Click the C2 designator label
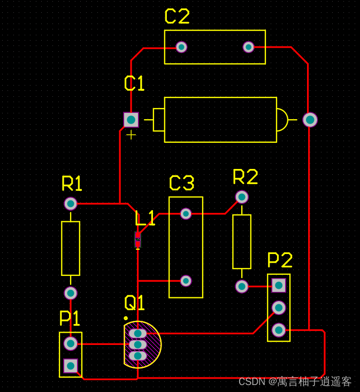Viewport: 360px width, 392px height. (x=177, y=17)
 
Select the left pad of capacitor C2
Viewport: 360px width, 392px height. (x=181, y=47)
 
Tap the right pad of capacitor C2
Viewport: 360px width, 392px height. (x=249, y=47)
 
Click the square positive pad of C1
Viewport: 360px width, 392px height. (x=131, y=120)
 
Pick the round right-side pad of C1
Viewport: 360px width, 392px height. (x=310, y=120)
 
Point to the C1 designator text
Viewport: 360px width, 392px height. (x=134, y=83)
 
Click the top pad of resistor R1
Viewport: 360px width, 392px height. (x=71, y=204)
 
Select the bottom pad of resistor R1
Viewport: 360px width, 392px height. (x=71, y=293)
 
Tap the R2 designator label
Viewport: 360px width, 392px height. (x=246, y=176)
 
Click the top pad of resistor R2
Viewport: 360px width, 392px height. (x=242, y=197)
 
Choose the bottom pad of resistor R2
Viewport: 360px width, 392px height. (x=242, y=286)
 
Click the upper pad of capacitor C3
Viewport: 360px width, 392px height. (x=186, y=214)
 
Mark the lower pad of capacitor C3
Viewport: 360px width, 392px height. (x=186, y=281)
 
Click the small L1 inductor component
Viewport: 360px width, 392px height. (x=137, y=240)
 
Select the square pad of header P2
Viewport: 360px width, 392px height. (x=279, y=286)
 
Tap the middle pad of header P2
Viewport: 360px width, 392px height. (x=279, y=308)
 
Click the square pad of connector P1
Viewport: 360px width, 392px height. (x=71, y=366)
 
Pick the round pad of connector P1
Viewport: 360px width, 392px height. (x=71, y=343)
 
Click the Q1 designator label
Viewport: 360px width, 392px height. (x=135, y=303)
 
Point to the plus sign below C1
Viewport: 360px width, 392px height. (x=131, y=135)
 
